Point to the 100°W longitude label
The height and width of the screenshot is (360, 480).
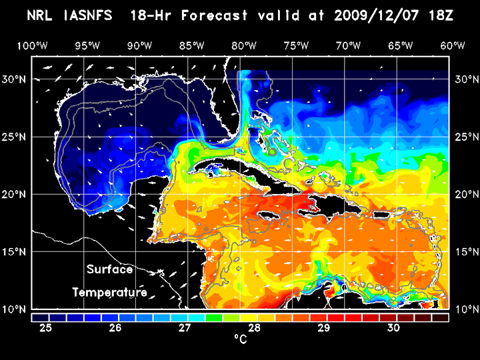(31, 45)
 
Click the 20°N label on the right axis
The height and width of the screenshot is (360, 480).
(465, 194)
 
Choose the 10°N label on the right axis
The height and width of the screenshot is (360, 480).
(465, 309)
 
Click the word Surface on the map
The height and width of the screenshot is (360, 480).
(109, 270)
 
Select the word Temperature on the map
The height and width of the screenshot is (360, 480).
(109, 293)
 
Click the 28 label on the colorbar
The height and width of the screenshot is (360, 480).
(254, 328)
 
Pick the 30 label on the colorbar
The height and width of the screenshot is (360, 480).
(393, 328)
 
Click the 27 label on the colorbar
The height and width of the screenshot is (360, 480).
(185, 328)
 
